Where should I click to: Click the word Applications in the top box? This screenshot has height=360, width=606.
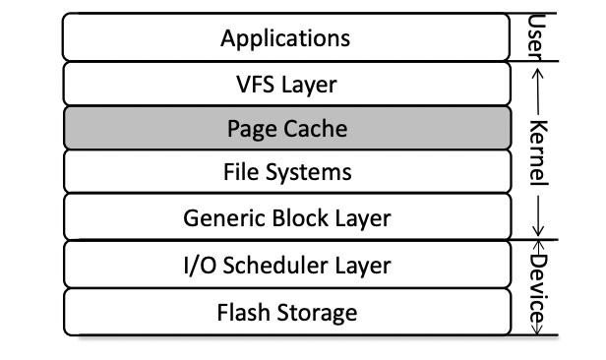(285, 39)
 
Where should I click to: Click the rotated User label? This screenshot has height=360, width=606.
(537, 35)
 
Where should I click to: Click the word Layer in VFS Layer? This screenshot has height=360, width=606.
(310, 85)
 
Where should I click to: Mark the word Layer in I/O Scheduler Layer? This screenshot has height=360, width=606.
(363, 265)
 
